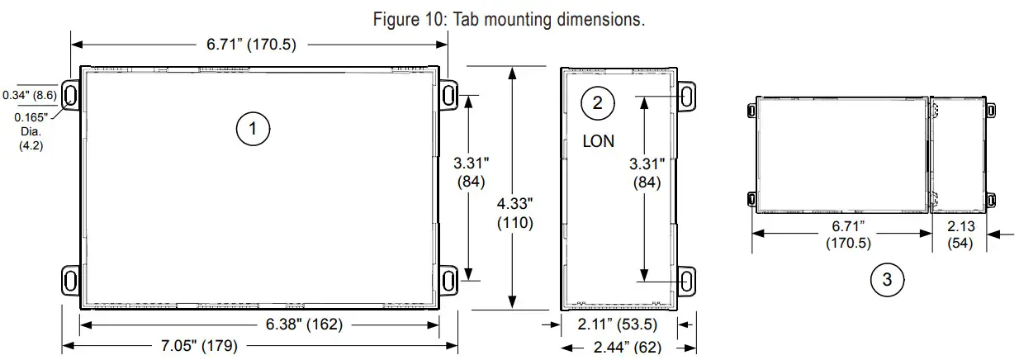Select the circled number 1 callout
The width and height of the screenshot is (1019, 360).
click(x=254, y=128)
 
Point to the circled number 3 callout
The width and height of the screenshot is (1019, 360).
click(x=887, y=279)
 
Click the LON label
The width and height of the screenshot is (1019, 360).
click(x=598, y=141)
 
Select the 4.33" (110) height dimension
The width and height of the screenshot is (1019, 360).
click(x=515, y=213)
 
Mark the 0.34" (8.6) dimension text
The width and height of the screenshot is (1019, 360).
click(x=30, y=95)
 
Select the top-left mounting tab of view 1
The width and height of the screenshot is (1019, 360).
click(x=70, y=95)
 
